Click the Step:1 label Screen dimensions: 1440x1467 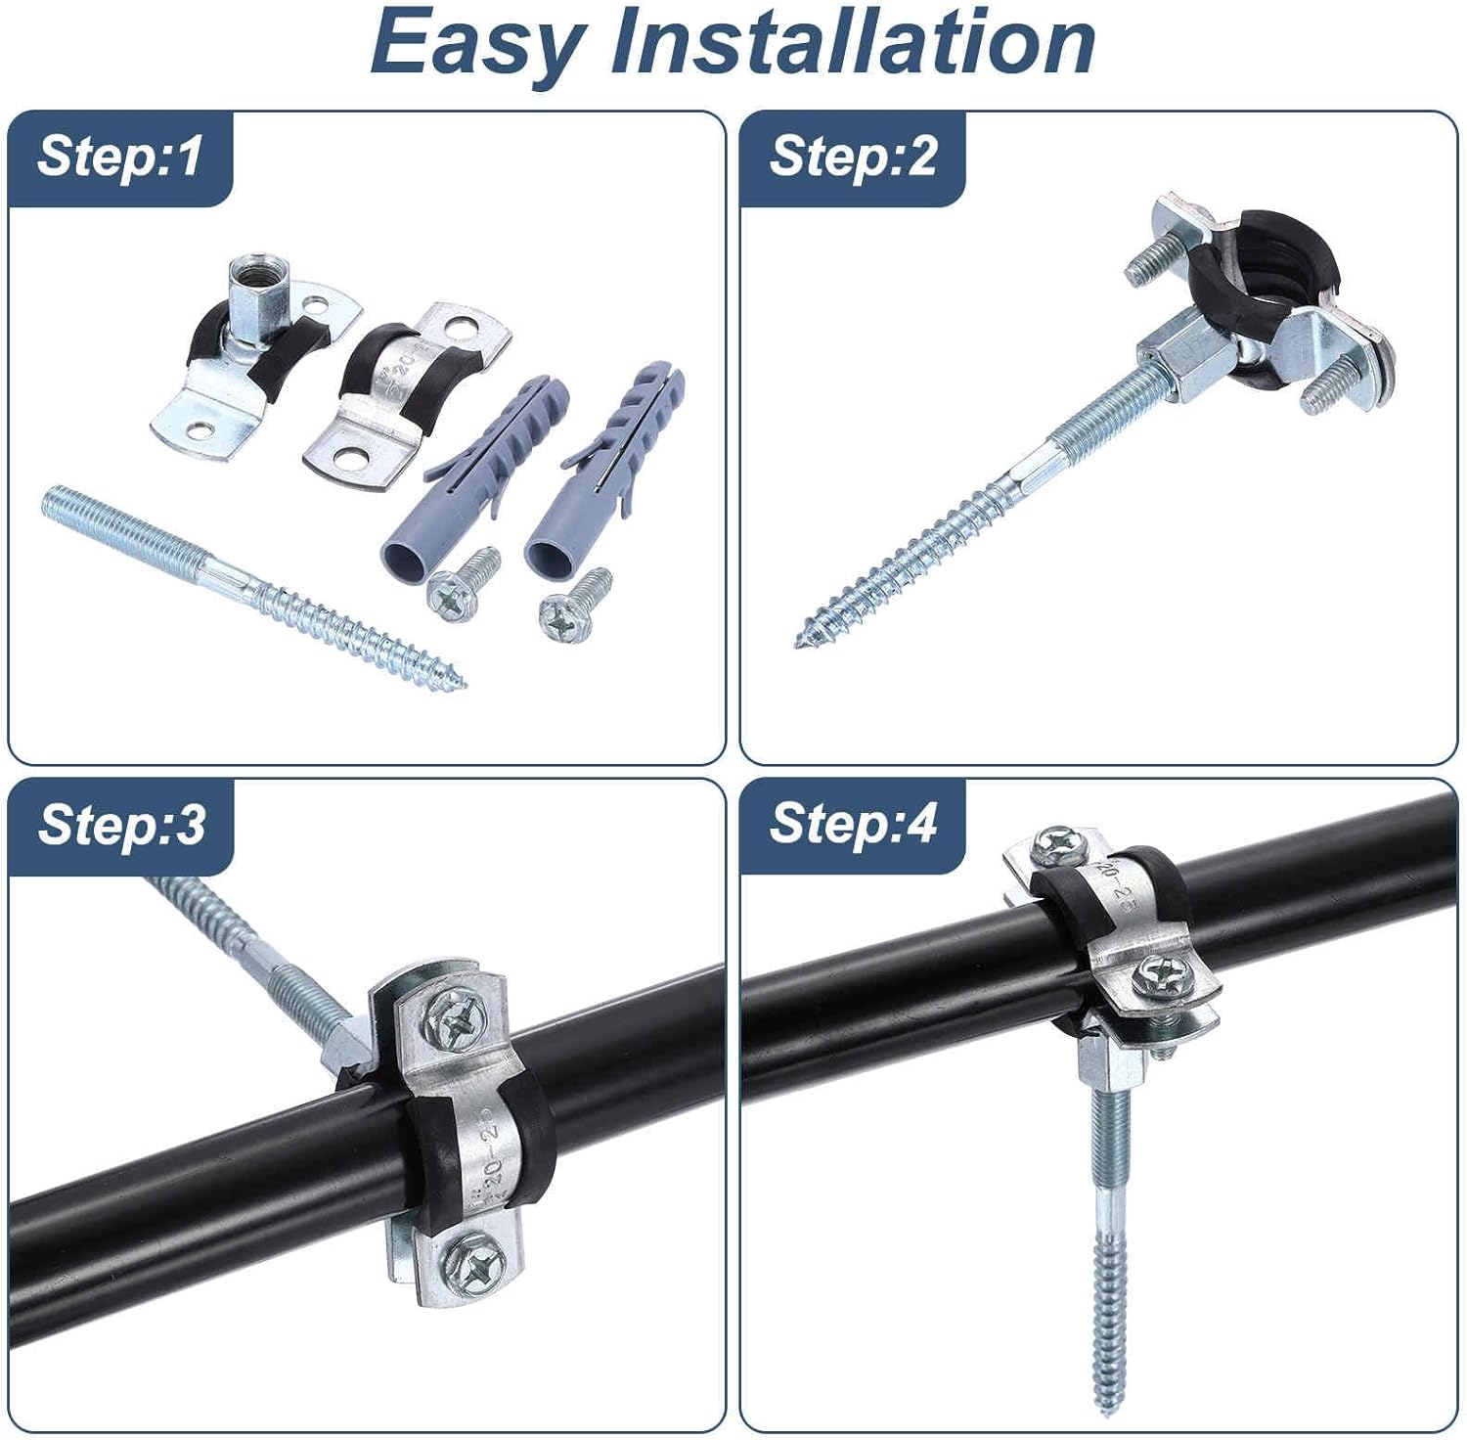119,157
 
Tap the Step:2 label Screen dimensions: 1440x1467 853,157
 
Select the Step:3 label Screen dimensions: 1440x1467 121,825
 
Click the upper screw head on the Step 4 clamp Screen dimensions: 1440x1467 1057,843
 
